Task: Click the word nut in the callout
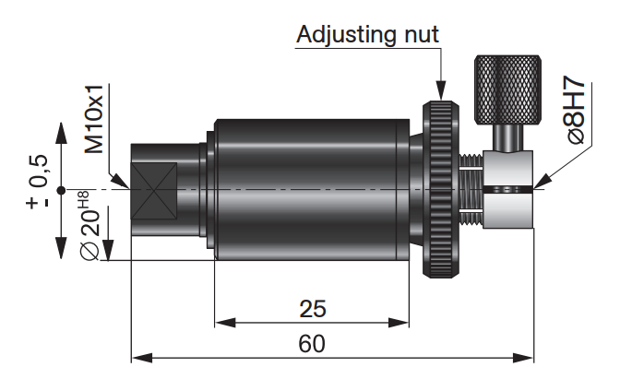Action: pos(422,35)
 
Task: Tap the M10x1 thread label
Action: pos(94,119)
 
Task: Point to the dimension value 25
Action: pos(313,309)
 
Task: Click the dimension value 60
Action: pos(312,343)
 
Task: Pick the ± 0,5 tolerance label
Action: pos(38,182)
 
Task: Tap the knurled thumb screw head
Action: pos(507,89)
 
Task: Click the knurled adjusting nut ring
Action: pos(441,189)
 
